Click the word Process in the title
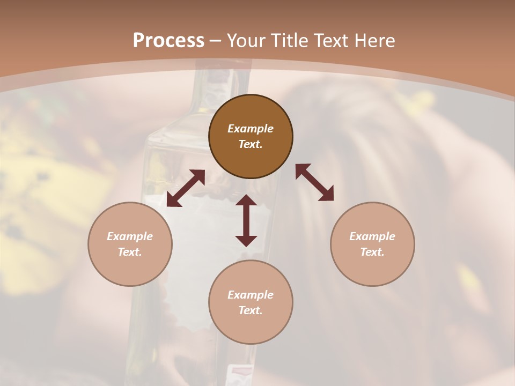point(168,41)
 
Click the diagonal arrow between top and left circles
point(186,188)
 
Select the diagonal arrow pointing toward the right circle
point(314,182)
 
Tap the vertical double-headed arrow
point(246,220)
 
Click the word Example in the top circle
point(251,129)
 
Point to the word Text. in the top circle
point(251,144)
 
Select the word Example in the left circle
point(130,236)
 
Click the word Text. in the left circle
point(130,252)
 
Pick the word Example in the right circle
point(372,236)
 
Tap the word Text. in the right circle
point(372,252)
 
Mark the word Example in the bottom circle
point(251,295)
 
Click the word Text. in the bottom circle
point(251,310)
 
